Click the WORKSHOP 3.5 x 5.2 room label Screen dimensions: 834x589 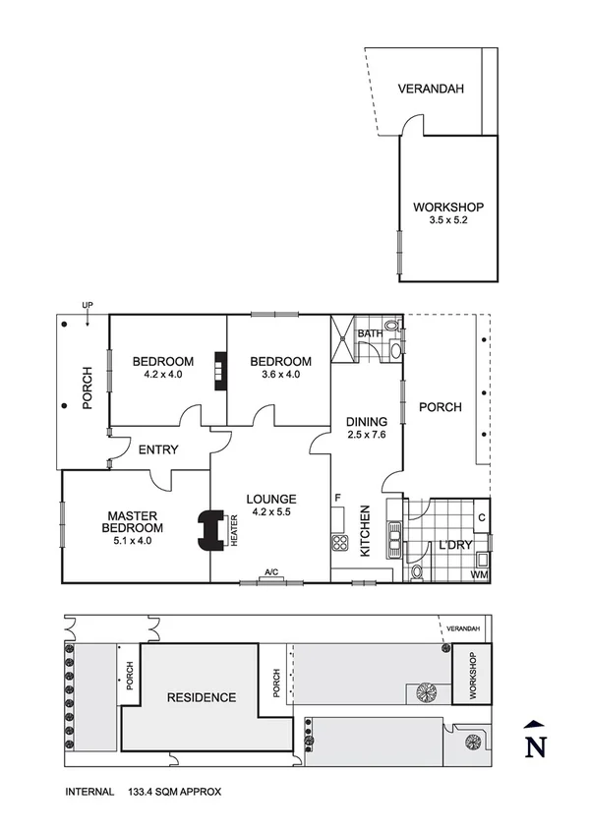pyautogui.click(x=447, y=213)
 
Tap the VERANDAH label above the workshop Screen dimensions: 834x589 pyautogui.click(x=431, y=89)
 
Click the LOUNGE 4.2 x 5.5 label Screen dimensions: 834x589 pyautogui.click(x=272, y=505)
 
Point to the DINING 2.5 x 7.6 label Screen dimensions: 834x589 pyautogui.click(x=366, y=429)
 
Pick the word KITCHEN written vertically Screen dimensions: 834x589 pyautogui.click(x=364, y=531)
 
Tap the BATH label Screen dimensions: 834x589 pyautogui.click(x=369, y=334)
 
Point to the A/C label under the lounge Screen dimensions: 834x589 pyautogui.click(x=271, y=572)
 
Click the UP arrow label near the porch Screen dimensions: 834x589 pyautogui.click(x=87, y=306)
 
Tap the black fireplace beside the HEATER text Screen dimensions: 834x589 pyautogui.click(x=209, y=530)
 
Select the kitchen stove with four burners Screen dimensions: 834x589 pyautogui.click(x=340, y=542)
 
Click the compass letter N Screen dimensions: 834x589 pyautogui.click(x=534, y=747)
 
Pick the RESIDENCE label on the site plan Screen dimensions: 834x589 pyautogui.click(x=202, y=697)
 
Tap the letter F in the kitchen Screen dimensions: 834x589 pyautogui.click(x=337, y=498)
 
